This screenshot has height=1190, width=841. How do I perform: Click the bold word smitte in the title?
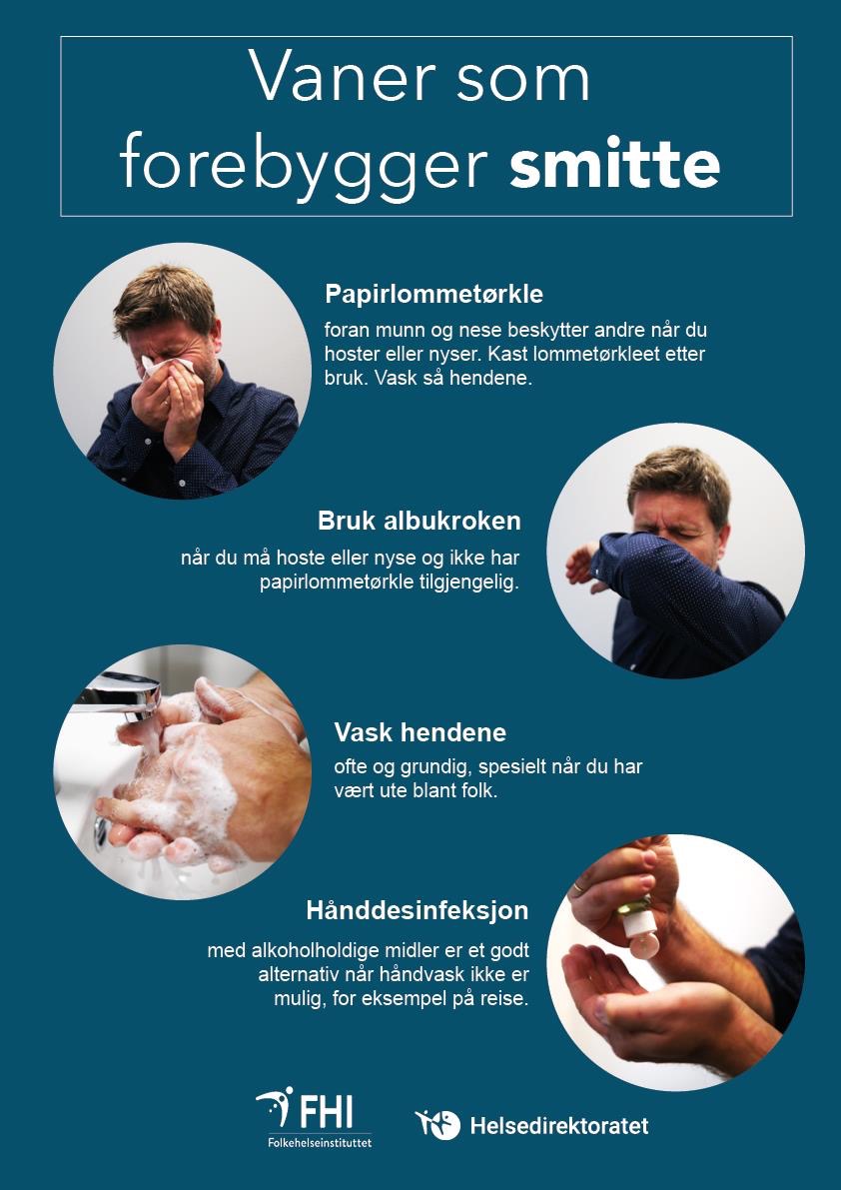(614, 162)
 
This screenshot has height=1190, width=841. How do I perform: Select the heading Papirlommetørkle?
(433, 294)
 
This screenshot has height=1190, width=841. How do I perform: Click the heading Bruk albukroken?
(420, 522)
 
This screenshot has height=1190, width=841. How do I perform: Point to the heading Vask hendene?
(420, 732)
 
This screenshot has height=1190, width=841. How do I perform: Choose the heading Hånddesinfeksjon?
(418, 910)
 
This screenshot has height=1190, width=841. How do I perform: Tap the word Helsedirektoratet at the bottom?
(559, 1125)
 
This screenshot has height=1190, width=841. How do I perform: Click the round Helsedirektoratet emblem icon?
(437, 1125)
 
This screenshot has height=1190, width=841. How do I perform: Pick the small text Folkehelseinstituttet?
(320, 1141)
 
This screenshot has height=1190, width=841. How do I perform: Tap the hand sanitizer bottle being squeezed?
(638, 926)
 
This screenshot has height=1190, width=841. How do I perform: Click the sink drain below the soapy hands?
(101, 831)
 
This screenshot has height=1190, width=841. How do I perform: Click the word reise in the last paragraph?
(504, 999)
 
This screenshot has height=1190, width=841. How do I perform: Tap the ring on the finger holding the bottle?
(578, 885)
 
